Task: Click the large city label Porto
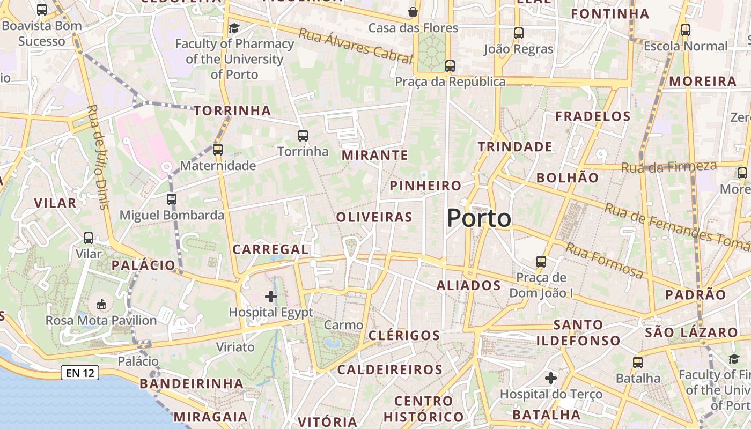tap(479, 218)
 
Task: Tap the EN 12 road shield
tap(80, 373)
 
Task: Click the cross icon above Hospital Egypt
tap(271, 296)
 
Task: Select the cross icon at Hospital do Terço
tap(551, 378)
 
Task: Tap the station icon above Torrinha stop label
tap(303, 136)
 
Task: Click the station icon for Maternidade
tap(218, 150)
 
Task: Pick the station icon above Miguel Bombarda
tap(172, 199)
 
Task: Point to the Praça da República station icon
tap(450, 66)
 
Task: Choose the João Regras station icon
tap(518, 33)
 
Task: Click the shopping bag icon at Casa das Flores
tap(413, 12)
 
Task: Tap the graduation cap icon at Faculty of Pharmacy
tap(234, 28)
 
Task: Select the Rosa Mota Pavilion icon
tap(101, 305)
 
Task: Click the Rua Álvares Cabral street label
tap(355, 46)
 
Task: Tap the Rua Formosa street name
tap(605, 261)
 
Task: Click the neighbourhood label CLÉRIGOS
tap(404, 336)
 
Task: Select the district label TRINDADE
tap(515, 146)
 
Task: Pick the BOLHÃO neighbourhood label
tap(567, 177)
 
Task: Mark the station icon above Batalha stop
tap(637, 363)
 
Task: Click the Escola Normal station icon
tap(686, 30)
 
